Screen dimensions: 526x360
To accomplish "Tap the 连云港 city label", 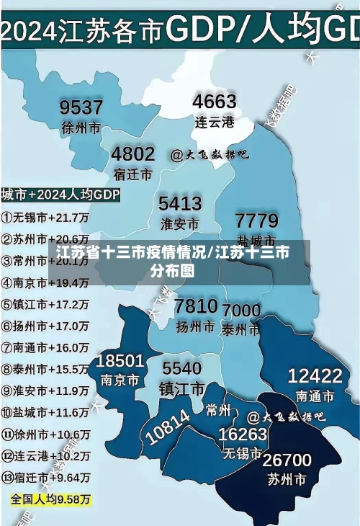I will point(215,122).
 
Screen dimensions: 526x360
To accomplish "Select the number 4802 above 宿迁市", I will point(132,154).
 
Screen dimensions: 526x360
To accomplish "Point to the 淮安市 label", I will point(180,223).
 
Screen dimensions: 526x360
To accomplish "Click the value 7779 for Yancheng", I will point(256,220).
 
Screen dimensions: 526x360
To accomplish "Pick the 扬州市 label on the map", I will point(195,326).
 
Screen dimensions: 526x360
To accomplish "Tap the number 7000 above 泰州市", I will point(241,311).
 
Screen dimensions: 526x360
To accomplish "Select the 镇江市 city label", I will point(181,389).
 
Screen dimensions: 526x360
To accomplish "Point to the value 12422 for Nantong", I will point(315,375).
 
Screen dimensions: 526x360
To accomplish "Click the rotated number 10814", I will point(168,425).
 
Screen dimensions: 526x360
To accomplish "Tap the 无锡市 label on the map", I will point(242,453).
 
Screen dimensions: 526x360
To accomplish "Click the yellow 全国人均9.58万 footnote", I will point(50,499).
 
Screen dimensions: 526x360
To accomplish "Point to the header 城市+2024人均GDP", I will point(60,195).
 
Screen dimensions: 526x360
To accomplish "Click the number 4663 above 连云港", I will point(215,102).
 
